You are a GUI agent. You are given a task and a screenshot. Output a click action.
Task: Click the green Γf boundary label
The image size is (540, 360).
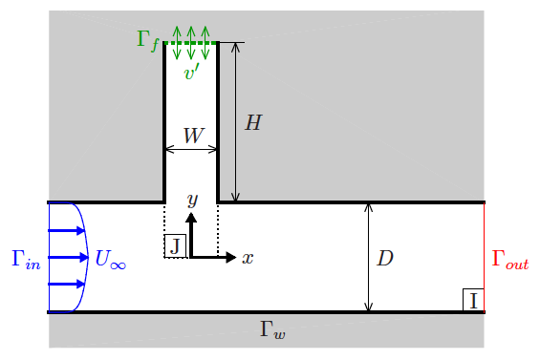click(x=147, y=40)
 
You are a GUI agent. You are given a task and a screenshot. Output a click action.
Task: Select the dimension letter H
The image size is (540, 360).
click(x=253, y=123)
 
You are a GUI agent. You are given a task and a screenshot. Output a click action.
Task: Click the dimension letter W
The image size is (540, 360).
click(x=192, y=136)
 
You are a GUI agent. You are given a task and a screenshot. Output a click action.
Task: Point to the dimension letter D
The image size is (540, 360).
click(x=384, y=259)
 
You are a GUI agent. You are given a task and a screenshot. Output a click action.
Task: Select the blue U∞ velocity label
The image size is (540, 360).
click(x=110, y=259)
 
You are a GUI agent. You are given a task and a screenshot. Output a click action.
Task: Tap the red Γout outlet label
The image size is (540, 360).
click(x=509, y=259)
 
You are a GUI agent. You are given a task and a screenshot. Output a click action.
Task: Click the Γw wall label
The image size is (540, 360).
click(x=272, y=330)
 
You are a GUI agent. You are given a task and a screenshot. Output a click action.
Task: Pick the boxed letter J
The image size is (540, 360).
click(x=175, y=246)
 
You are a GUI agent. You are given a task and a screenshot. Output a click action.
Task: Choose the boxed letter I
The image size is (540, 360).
click(x=473, y=301)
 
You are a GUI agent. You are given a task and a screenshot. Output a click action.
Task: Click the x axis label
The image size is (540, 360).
click(x=247, y=258)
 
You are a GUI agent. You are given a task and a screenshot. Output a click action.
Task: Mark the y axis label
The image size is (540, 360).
click(x=192, y=200)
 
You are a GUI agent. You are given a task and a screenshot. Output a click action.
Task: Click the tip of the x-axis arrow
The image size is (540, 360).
click(x=234, y=257)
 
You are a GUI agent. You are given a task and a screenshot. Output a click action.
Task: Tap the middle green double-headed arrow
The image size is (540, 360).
click(x=191, y=43)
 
